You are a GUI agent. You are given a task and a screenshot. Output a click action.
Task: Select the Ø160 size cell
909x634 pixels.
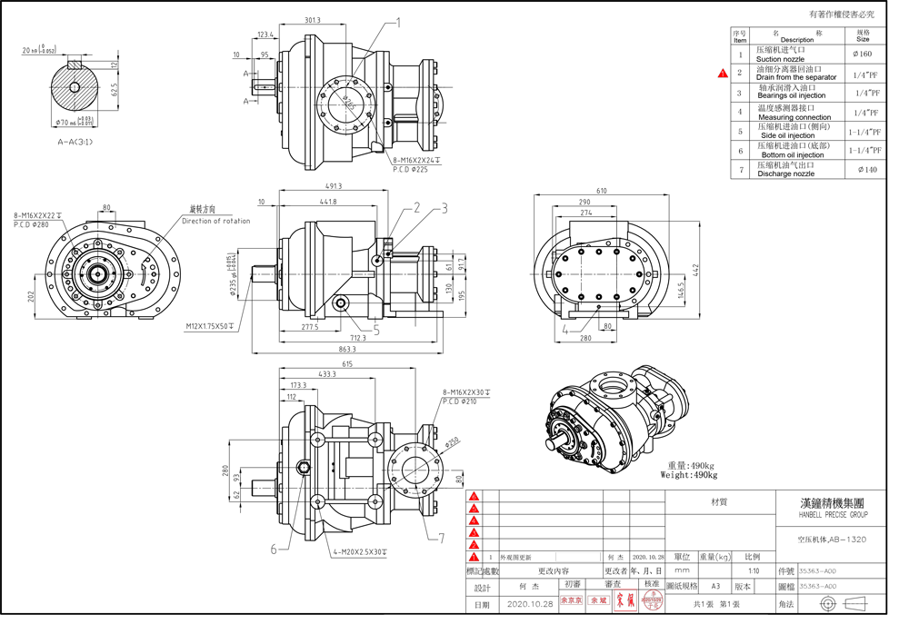tap(863, 54)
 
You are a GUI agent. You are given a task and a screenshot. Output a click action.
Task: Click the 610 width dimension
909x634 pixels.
tap(602, 191)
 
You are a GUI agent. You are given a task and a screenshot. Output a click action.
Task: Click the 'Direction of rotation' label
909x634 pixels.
tap(215, 221)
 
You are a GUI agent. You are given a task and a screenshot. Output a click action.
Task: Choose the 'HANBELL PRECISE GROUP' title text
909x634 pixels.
tap(833, 515)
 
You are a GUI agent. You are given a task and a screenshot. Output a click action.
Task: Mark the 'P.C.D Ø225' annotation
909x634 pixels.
tap(410, 169)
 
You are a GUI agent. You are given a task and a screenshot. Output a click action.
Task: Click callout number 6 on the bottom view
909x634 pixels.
tap(273, 548)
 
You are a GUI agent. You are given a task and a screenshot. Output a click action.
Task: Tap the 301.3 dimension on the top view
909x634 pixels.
tap(313, 20)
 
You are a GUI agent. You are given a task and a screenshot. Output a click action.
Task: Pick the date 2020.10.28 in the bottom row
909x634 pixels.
tap(531, 603)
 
